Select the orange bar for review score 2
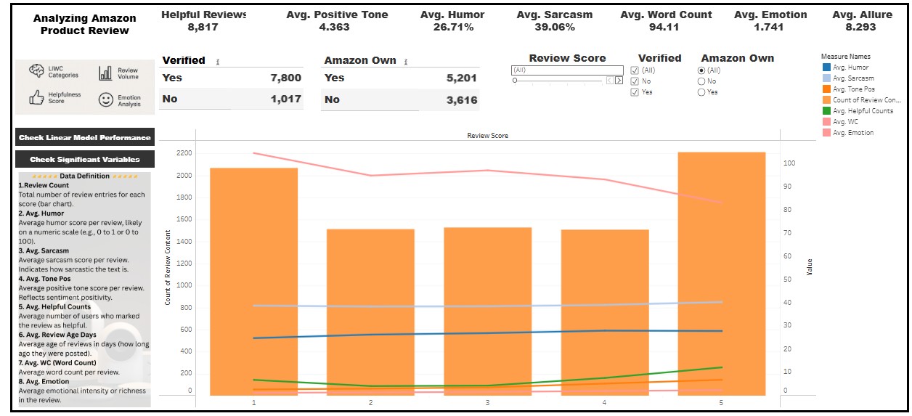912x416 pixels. click(370, 312)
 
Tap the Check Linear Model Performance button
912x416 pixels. click(84, 137)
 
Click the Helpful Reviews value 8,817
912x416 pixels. click(204, 28)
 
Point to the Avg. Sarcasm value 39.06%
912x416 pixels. click(554, 28)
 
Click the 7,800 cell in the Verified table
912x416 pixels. click(285, 78)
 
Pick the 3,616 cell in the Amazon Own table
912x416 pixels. click(462, 99)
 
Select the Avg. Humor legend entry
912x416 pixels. click(850, 68)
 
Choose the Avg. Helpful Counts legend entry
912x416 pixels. click(863, 111)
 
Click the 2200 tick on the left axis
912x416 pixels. click(184, 153)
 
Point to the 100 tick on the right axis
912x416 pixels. click(789, 163)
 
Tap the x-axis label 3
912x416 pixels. click(487, 402)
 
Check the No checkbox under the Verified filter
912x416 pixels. click(635, 81)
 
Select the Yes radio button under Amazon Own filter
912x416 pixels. click(701, 92)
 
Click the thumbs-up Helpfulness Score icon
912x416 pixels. click(36, 97)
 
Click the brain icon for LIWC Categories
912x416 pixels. click(36, 71)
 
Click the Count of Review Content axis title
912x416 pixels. click(168, 266)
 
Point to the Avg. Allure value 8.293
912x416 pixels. click(860, 28)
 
